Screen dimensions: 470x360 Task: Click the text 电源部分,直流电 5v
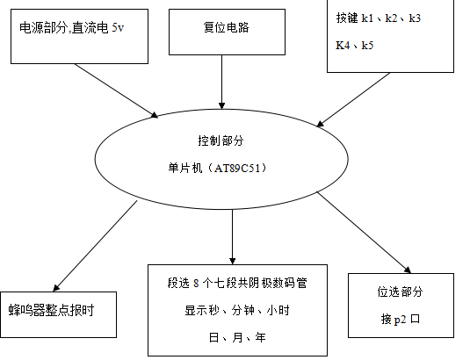pyautogui.click(x=72, y=28)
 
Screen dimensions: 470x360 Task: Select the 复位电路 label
pyautogui.click(x=227, y=27)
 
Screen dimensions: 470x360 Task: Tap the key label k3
pyautogui.click(x=415, y=18)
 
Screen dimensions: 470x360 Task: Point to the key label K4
pyautogui.click(x=343, y=46)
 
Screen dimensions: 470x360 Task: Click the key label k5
pyautogui.click(x=367, y=46)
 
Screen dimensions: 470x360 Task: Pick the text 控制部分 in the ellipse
pyautogui.click(x=221, y=140)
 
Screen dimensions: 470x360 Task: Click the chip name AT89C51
pyautogui.click(x=237, y=168)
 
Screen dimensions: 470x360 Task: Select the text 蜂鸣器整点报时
pyautogui.click(x=51, y=310)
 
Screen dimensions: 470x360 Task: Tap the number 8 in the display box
pyautogui.click(x=196, y=283)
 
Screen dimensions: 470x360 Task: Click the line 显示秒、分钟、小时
pyautogui.click(x=237, y=310)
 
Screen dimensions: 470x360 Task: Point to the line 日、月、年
pyautogui.click(x=237, y=337)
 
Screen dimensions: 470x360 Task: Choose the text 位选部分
pyautogui.click(x=401, y=292)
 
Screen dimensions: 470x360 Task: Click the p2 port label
pyautogui.click(x=401, y=320)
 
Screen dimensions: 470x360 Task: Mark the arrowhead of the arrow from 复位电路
pyautogui.click(x=221, y=106)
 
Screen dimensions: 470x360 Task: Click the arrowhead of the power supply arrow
pyautogui.click(x=155, y=115)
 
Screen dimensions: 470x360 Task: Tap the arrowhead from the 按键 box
pyautogui.click(x=320, y=124)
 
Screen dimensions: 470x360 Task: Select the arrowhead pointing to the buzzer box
pyautogui.click(x=56, y=287)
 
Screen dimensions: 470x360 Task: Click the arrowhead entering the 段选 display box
pyautogui.click(x=232, y=261)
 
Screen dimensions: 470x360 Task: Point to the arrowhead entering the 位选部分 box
pyautogui.click(x=408, y=270)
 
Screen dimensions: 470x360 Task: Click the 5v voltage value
pyautogui.click(x=118, y=28)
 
